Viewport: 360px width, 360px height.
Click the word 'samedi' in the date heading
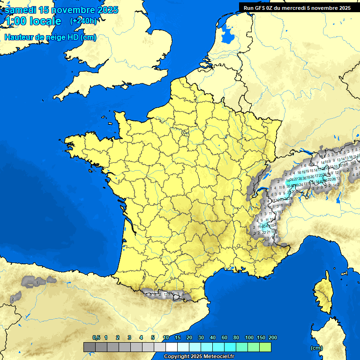[x=21, y=10]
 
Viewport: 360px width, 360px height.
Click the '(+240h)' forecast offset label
[x=83, y=21]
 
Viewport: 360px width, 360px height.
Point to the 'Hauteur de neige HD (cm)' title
[x=50, y=37]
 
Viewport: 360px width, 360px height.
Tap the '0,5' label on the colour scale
[x=96, y=337]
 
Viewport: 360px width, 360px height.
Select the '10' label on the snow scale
[x=166, y=337]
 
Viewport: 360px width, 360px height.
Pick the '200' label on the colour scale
[x=272, y=337]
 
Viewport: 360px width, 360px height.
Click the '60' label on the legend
[x=225, y=337]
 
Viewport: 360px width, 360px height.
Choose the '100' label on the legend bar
[x=249, y=337]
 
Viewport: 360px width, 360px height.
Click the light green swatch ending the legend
[x=265, y=347]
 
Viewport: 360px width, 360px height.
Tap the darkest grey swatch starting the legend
[x=90, y=347]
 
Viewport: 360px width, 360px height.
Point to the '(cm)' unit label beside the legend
[x=316, y=348]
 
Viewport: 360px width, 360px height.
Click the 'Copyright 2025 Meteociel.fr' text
[x=199, y=356]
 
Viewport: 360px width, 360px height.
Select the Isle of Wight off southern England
[x=125, y=86]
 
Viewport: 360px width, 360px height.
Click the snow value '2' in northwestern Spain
[x=12, y=299]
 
